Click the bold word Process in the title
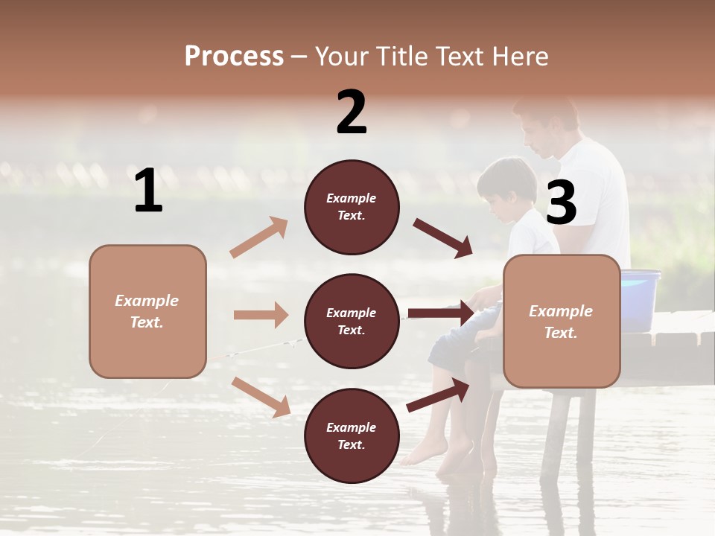(234, 56)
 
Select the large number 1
(148, 191)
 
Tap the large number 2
(352, 112)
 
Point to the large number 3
(561, 203)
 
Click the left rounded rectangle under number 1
(147, 311)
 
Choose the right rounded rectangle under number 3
(562, 321)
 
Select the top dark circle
(352, 207)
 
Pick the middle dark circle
(352, 321)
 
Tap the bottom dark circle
(352, 435)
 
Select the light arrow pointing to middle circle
(261, 315)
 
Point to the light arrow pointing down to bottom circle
(261, 396)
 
